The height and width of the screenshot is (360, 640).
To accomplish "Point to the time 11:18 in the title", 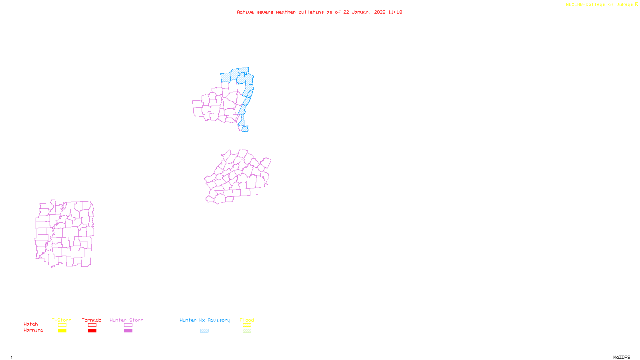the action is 395,12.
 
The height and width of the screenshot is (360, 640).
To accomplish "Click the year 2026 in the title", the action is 380,12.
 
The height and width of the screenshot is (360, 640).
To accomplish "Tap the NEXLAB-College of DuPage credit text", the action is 599,5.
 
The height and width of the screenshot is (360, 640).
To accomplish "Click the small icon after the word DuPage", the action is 636,4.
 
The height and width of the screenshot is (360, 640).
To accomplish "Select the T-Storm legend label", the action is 62,320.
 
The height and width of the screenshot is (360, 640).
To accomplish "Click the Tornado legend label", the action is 92,320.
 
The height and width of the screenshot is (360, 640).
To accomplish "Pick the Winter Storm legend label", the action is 126,320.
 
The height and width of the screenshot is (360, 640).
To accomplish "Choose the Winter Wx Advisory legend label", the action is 205,320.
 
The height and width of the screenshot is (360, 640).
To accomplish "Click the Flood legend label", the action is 247,320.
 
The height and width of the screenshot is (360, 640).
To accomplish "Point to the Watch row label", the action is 31,324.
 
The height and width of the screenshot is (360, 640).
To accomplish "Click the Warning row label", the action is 34,330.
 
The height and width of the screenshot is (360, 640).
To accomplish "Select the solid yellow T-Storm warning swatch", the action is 62,331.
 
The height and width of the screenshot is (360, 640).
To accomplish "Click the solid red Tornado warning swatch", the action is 92,331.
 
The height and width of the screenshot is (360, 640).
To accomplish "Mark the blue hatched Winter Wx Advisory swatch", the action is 204,331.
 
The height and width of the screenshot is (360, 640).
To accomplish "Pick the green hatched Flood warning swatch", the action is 247,331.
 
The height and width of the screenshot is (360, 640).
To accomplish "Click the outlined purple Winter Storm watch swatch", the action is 128,325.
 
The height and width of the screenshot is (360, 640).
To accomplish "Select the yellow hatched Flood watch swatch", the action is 247,325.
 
